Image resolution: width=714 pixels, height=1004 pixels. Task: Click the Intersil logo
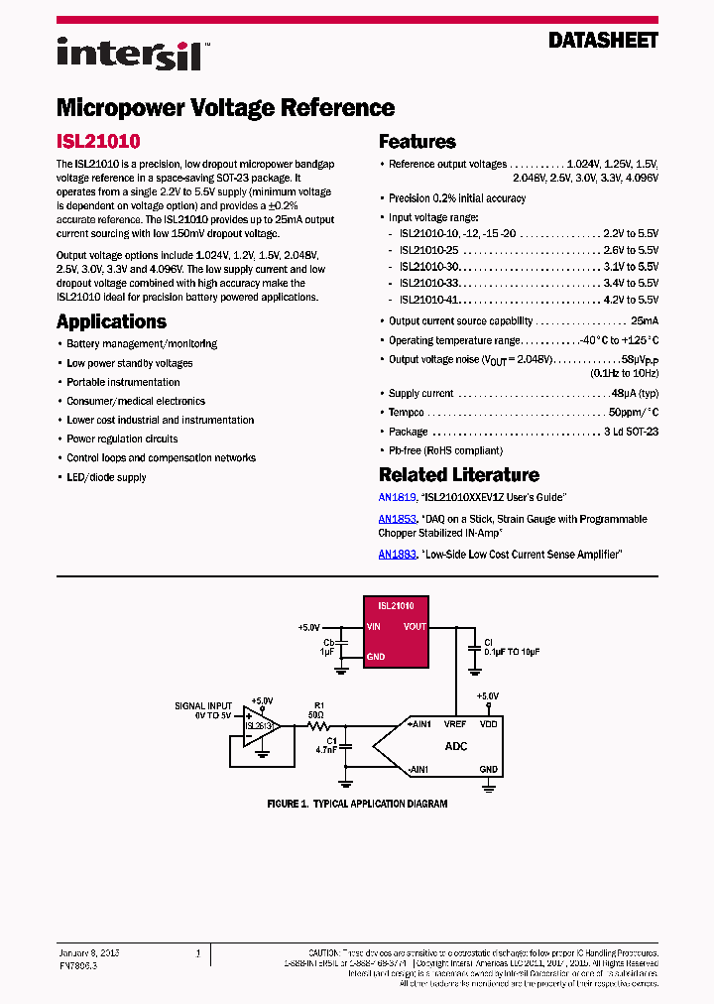pos(130,53)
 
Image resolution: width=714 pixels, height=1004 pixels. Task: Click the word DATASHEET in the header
pos(603,41)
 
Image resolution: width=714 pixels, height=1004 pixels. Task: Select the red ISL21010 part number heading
pos(98,142)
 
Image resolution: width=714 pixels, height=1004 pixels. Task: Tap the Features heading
pos(417,142)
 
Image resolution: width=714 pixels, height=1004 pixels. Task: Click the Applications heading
pos(111,321)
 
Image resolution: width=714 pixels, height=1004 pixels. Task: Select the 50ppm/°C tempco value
pos(633,412)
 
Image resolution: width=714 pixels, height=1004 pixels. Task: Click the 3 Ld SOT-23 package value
pos(631,432)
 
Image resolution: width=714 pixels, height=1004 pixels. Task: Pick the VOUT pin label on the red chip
pos(415,627)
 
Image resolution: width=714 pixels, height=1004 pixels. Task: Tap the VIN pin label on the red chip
pos(374,627)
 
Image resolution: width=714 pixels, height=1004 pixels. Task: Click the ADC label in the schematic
pos(456,746)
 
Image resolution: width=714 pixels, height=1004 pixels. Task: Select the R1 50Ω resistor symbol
pos(319,726)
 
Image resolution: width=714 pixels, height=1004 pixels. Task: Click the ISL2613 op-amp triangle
pos(261,726)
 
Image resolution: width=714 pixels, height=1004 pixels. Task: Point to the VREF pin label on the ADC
pos(455,724)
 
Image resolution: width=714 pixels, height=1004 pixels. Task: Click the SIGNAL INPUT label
pos(203,706)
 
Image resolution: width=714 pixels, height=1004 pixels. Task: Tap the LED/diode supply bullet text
pos(106,477)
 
